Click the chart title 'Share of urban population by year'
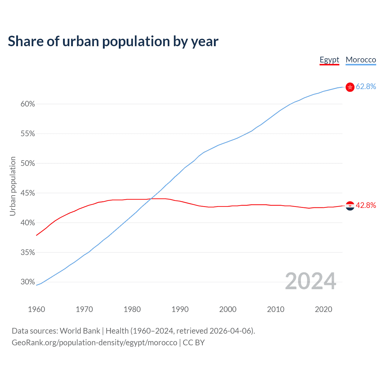coord(113,41)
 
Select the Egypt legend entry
coord(329,60)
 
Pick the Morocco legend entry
coord(361,60)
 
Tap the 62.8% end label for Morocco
coord(366,87)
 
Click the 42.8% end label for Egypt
coord(366,205)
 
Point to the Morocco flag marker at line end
coord(350,87)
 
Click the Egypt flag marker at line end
coord(350,206)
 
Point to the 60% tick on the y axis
coord(28,104)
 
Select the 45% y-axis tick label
coord(28,193)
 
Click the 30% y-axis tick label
coord(28,282)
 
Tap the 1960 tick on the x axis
coord(36,309)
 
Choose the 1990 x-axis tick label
coord(180,309)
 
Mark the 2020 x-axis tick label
coord(323,309)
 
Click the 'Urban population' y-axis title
coord(13,186)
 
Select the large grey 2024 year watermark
coord(310,281)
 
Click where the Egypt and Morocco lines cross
coord(150,199)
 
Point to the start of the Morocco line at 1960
coord(37,285)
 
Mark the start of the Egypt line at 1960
coord(37,235)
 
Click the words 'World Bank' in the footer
coord(80,331)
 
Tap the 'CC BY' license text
coord(193,343)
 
